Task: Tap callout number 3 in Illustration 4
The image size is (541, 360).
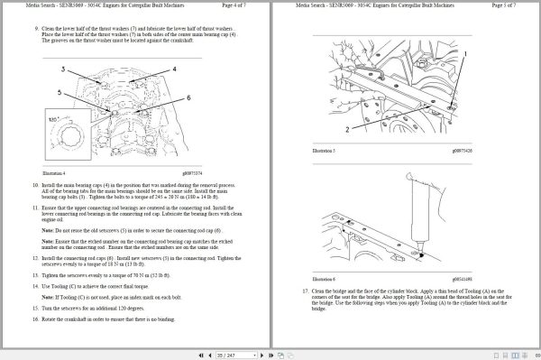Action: (62, 69)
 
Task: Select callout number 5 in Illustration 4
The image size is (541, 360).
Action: (60, 92)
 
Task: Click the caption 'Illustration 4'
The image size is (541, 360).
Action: (55, 172)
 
